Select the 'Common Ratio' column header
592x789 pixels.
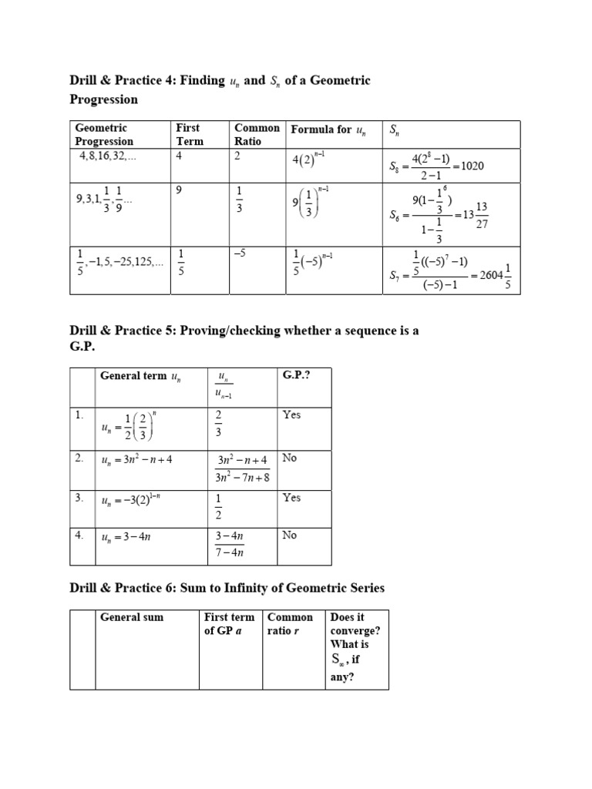(x=257, y=134)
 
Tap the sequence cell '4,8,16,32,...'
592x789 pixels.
(x=111, y=154)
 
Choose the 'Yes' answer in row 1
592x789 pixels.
(x=292, y=415)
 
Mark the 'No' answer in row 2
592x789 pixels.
(x=290, y=458)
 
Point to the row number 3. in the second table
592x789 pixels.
(x=80, y=498)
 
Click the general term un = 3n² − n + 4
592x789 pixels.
(x=137, y=460)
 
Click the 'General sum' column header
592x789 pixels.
(x=132, y=617)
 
